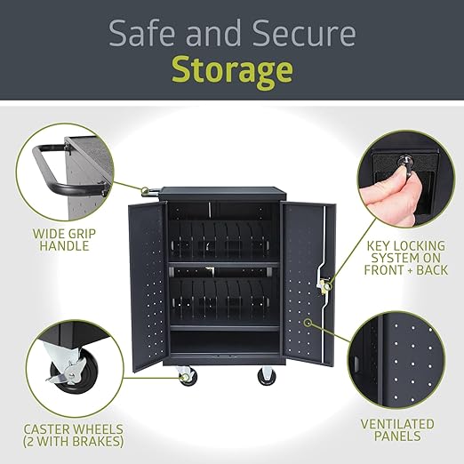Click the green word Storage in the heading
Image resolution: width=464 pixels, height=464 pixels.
232,71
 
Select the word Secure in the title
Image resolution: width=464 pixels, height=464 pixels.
304,33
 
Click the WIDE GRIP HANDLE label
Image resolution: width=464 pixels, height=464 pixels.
64,240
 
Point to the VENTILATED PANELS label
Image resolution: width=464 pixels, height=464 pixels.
397,430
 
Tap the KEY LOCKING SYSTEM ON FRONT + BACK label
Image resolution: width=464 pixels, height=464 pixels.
406,258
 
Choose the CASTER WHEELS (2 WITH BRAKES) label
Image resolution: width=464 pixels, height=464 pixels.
73,436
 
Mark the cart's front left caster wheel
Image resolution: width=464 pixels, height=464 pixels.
187,376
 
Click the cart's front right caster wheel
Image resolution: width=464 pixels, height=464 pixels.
267,376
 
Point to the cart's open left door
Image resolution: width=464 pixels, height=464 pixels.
148,286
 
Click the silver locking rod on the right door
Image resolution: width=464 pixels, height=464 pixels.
323,284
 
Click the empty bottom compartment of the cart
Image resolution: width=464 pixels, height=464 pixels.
225,341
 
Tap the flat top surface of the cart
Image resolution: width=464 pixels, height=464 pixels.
223,190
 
